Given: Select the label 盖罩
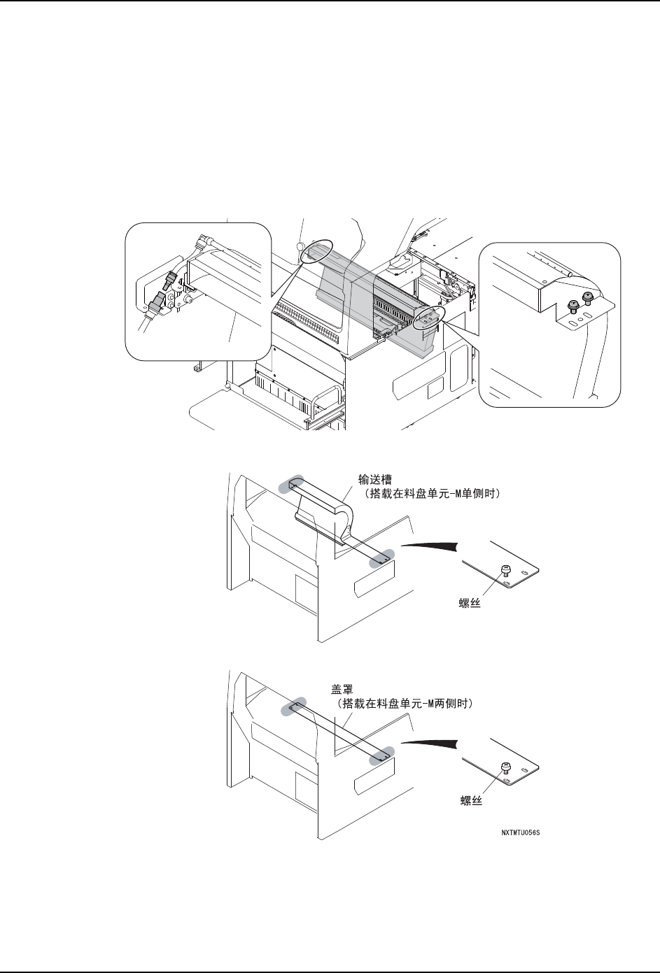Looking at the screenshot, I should click(342, 688).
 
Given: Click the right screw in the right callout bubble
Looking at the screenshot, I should click(587, 299).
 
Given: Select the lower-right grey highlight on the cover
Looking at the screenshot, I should click(383, 755).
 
